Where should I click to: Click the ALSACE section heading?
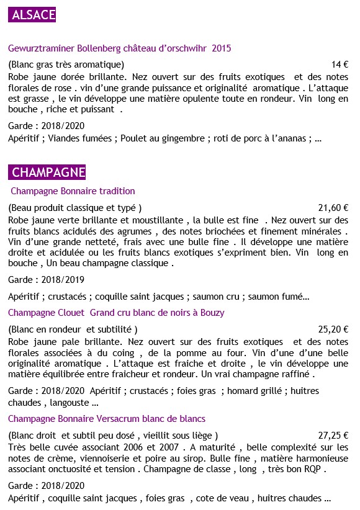point(34,15)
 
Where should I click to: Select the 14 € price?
point(340,64)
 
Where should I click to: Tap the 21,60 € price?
point(333,208)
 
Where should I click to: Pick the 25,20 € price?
point(333,329)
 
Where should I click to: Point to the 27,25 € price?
point(333,436)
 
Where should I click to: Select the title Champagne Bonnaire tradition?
point(73,191)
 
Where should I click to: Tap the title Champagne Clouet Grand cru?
point(116,312)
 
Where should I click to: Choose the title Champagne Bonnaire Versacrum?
point(107,419)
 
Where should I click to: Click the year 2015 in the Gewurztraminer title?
point(222,48)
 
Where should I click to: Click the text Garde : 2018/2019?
point(47,279)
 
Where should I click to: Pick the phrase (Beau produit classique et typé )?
point(75,208)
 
